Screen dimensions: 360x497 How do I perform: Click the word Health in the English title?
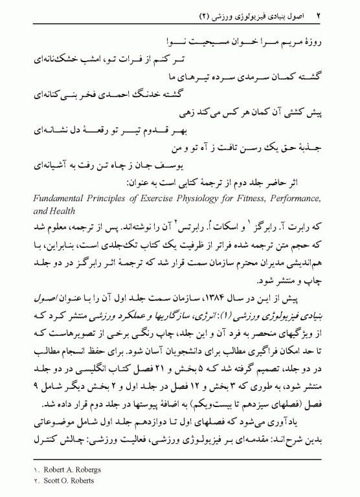tap(62, 212)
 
